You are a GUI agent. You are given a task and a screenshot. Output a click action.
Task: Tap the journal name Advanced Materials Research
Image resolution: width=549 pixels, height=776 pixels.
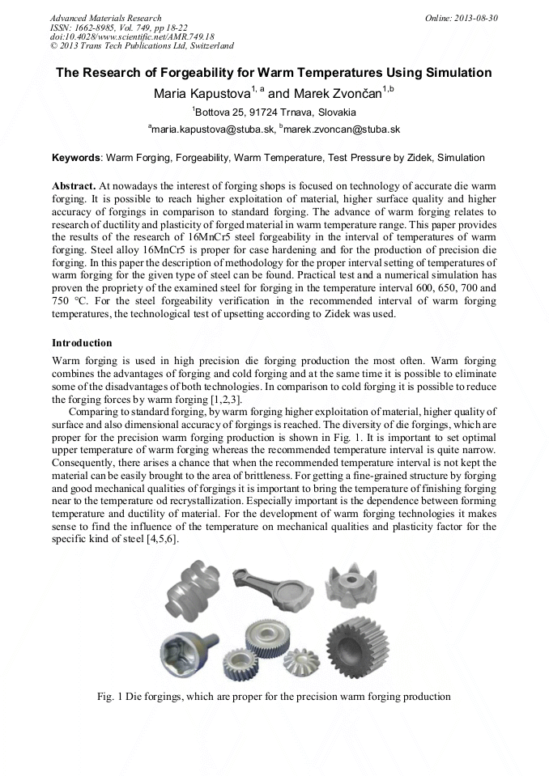click(x=105, y=18)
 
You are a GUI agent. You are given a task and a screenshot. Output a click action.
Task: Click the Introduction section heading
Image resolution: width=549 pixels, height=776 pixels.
click(x=82, y=343)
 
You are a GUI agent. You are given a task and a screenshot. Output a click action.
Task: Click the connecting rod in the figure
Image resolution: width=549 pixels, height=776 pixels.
click(x=267, y=589)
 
